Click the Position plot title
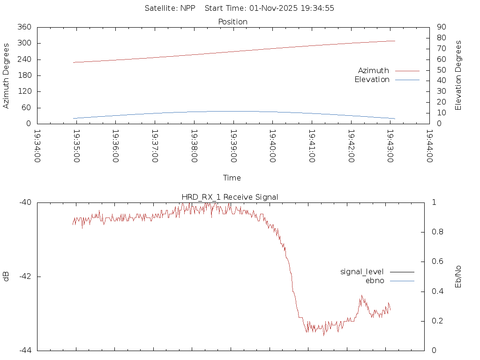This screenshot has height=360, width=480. [232, 22]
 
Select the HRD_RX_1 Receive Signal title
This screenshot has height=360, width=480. [230, 197]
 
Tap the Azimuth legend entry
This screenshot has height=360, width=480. [374, 70]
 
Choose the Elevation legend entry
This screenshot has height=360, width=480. [372, 80]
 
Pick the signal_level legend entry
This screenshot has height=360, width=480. [362, 271]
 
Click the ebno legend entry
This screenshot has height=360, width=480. [375, 280]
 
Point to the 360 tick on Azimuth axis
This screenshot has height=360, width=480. [24, 27]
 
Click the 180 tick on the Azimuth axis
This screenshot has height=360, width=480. [24, 75]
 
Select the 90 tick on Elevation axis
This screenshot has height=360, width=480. [441, 27]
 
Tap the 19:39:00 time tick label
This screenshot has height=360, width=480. [233, 146]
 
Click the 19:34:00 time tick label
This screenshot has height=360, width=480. [37, 146]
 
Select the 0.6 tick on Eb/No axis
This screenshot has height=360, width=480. [436, 262]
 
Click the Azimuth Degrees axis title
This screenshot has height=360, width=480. [6, 75]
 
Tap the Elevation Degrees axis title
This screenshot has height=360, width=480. [458, 75]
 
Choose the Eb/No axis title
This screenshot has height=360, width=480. [458, 277]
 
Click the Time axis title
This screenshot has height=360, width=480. [232, 178]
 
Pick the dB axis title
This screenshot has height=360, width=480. [6, 277]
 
